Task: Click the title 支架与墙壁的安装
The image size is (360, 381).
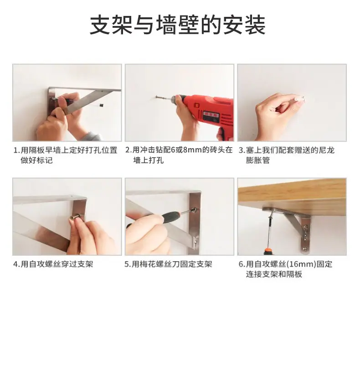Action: click(178, 25)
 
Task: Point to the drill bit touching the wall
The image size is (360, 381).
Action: click(164, 98)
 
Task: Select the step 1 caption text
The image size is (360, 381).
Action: click(65, 155)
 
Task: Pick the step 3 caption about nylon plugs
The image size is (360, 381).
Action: click(286, 155)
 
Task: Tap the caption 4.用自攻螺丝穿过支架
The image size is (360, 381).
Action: click(53, 264)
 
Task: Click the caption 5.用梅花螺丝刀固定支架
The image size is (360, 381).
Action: click(168, 264)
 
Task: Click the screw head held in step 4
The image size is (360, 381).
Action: click(75, 216)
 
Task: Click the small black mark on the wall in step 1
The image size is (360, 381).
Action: click(101, 105)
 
